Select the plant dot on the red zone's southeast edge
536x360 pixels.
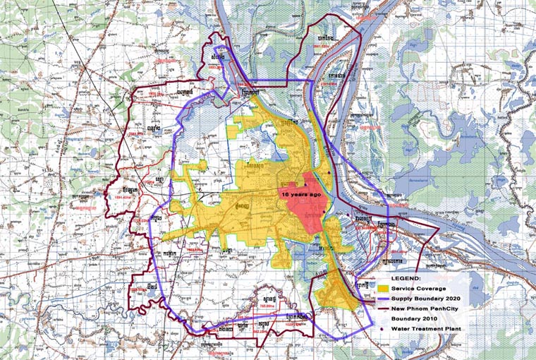tap(323, 211)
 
